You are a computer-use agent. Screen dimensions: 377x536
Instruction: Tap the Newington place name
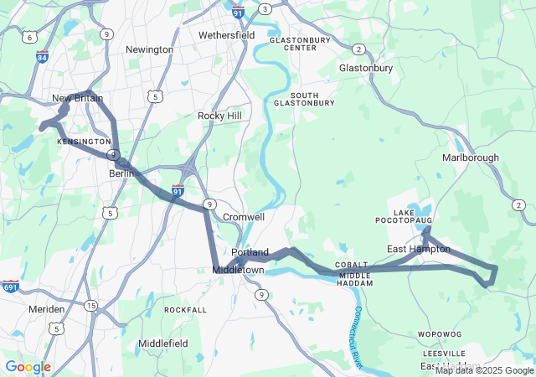tap(149, 49)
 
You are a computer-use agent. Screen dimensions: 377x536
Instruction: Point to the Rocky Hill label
tap(219, 115)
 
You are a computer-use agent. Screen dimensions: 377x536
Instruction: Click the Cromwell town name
tap(244, 216)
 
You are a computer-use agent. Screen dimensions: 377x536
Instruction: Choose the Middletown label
tap(238, 270)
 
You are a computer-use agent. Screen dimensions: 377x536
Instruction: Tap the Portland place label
tap(250, 252)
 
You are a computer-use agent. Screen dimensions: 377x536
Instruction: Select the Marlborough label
tap(471, 158)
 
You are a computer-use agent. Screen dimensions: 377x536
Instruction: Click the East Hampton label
tap(418, 249)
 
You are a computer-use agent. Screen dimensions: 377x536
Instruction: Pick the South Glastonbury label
tap(304, 99)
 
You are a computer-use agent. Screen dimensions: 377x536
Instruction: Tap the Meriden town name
tap(46, 309)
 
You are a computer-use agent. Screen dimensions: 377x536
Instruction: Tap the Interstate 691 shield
tap(10, 287)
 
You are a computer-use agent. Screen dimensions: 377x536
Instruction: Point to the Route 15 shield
tap(90, 306)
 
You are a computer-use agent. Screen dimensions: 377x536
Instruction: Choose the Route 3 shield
tap(265, 8)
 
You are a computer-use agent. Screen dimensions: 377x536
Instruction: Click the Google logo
tap(28, 367)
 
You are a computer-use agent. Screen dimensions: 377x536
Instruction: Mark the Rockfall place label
tap(185, 309)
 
